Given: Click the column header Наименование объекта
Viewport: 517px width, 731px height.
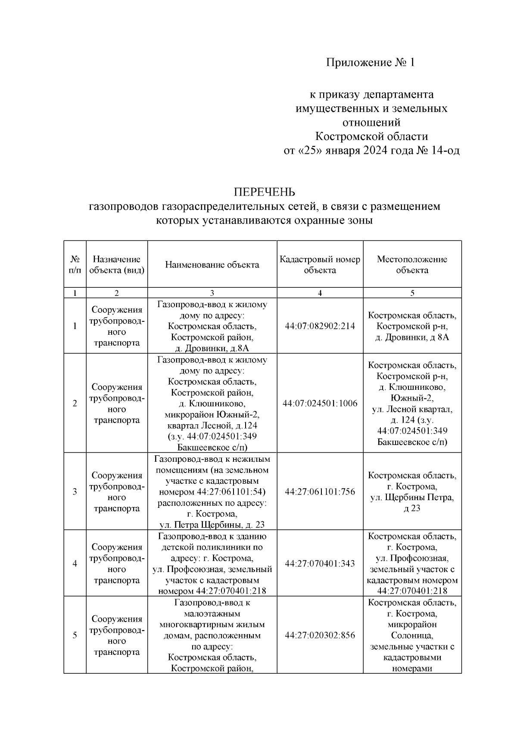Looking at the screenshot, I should [x=212, y=265].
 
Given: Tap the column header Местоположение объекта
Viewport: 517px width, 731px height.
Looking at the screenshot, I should [x=412, y=265].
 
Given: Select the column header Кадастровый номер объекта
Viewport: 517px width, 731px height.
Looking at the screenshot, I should [x=320, y=265].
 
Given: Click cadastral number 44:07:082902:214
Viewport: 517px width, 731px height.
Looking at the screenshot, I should [x=320, y=326].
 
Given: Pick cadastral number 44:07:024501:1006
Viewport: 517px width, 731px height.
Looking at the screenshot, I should [x=320, y=404].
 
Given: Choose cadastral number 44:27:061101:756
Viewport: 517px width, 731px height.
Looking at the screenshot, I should [x=320, y=492].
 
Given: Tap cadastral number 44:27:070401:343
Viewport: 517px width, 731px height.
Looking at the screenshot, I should [x=320, y=564].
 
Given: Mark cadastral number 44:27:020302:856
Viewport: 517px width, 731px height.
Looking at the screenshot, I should [x=320, y=635].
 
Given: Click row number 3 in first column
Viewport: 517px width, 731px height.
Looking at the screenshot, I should [x=75, y=492].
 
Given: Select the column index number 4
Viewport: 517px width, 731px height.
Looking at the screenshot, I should [x=320, y=293].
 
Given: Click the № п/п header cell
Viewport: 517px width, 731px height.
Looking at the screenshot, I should [x=75, y=265].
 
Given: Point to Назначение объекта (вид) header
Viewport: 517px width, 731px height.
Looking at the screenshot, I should [x=117, y=265].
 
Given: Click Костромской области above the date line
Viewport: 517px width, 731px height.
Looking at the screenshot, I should [x=371, y=137].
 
